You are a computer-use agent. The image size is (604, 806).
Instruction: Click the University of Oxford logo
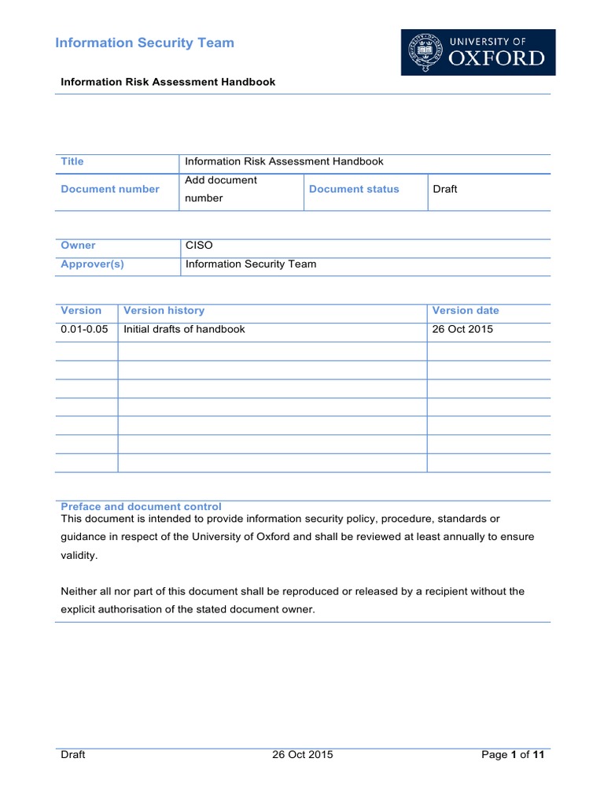click(478, 52)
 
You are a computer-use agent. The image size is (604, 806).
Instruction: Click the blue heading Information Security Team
click(145, 43)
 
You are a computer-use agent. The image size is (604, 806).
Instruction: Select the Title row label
click(72, 161)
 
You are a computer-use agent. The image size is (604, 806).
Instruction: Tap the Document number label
click(110, 189)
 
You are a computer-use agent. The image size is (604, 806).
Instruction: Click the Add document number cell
click(221, 189)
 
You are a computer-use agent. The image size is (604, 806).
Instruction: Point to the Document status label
click(354, 189)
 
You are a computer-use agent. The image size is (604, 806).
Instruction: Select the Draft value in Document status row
click(445, 189)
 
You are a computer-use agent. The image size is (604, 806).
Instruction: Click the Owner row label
click(78, 246)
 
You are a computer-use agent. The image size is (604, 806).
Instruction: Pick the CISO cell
click(199, 246)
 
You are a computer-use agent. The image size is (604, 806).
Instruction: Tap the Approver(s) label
click(92, 264)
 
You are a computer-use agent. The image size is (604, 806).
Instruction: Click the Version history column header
click(164, 311)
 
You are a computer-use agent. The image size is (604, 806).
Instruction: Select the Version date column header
click(466, 311)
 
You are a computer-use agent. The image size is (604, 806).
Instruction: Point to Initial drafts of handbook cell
click(185, 329)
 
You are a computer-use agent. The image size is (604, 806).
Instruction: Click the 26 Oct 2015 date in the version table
click(462, 329)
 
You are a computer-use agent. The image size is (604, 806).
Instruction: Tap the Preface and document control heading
click(141, 507)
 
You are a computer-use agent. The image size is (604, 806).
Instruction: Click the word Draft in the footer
click(73, 755)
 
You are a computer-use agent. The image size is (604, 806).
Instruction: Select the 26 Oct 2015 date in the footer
click(303, 755)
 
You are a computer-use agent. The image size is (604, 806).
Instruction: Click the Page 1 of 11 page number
click(513, 755)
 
